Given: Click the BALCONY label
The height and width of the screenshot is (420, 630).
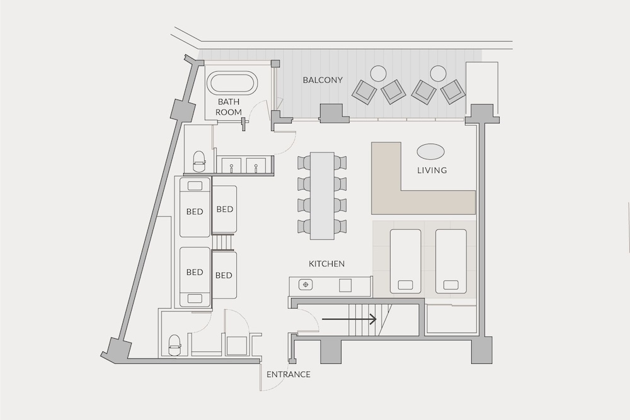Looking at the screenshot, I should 323,80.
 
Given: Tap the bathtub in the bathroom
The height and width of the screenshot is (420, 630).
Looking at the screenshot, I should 232,84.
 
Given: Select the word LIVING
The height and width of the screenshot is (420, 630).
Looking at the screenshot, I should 432,170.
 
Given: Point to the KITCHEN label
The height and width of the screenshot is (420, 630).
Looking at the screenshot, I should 326,264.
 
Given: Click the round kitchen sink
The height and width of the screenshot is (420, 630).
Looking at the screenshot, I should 306,285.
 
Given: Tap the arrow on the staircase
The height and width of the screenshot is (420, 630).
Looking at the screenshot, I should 350,320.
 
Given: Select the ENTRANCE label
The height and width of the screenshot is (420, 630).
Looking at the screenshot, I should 289,375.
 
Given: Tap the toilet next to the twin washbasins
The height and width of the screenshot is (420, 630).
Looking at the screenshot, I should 199,161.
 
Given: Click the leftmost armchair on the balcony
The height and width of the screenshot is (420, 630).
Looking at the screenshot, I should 364,92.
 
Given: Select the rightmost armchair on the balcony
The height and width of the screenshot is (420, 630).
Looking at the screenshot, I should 453,92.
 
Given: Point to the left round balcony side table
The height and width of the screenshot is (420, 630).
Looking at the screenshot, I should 378,74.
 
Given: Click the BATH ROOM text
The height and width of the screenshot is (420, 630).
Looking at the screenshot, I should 229,107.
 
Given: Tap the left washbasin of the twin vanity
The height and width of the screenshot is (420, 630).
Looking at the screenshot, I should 232,165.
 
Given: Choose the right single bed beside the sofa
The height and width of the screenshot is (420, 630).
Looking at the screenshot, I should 451,261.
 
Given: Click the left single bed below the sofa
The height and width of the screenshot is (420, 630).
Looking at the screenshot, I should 406,261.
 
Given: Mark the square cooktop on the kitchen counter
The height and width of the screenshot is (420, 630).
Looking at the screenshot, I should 345,285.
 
